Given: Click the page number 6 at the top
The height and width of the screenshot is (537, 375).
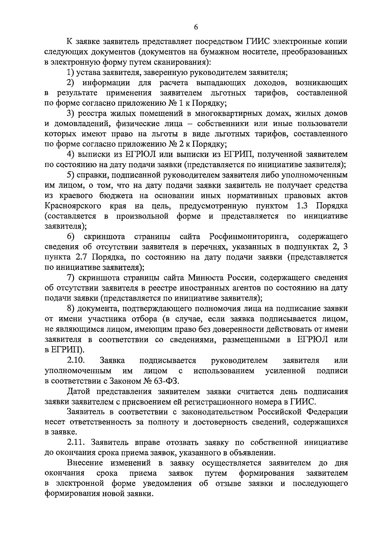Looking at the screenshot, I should click(196, 27).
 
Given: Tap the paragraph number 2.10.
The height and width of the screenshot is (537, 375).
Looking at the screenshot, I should click(76, 360).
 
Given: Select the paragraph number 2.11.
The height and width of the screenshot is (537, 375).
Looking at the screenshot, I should click(76, 443).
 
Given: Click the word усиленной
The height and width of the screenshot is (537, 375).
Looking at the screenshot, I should click(285, 371).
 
